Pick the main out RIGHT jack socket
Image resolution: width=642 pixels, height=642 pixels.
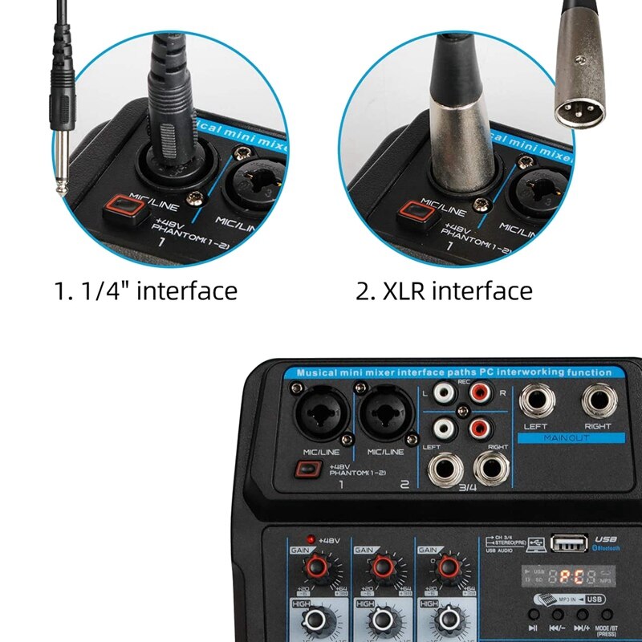click(x=599, y=400)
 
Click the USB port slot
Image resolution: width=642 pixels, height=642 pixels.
click(x=569, y=543)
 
